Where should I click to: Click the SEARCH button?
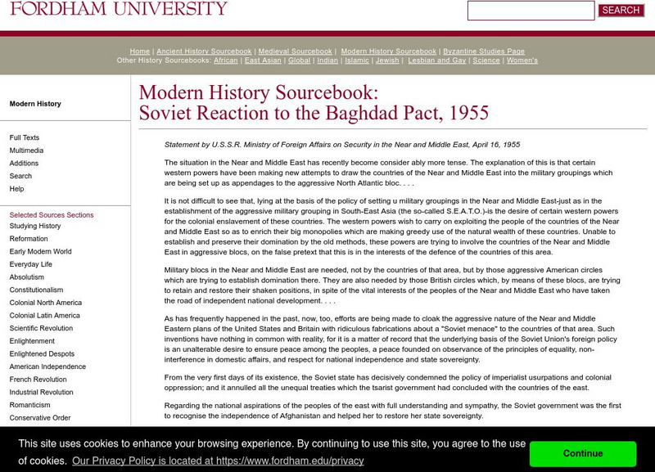(x=621, y=11)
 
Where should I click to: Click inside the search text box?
(x=531, y=11)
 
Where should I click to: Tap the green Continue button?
(x=582, y=453)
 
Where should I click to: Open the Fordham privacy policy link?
(x=218, y=461)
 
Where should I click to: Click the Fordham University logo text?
(x=119, y=9)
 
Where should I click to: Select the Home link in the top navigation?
(x=140, y=52)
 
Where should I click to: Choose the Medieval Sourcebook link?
(x=296, y=52)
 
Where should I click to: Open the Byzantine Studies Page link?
(x=483, y=52)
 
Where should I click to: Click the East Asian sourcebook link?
(x=264, y=61)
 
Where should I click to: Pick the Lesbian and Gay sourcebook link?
(x=437, y=61)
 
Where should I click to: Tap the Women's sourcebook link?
(x=522, y=61)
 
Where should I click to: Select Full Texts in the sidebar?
(x=25, y=137)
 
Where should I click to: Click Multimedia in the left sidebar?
(x=26, y=151)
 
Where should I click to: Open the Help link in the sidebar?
(x=16, y=189)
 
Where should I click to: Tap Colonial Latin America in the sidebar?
(x=45, y=315)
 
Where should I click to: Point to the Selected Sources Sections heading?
(x=52, y=215)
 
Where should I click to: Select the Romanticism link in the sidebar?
(x=31, y=405)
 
